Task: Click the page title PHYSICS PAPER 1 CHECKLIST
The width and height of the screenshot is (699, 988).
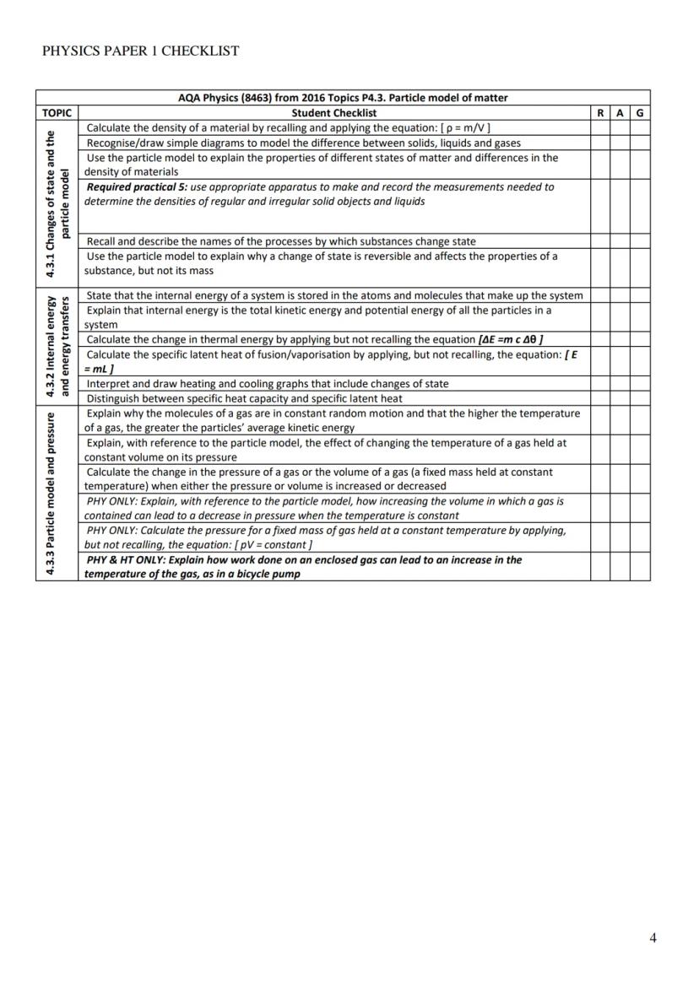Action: pyautogui.click(x=140, y=51)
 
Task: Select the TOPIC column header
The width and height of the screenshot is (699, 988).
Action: pyautogui.click(x=57, y=112)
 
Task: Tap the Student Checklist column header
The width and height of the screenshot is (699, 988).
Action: pyautogui.click(x=334, y=112)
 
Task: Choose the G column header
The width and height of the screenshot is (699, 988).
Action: pyautogui.click(x=640, y=112)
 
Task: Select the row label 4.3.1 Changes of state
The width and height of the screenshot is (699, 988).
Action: pyautogui.click(x=52, y=203)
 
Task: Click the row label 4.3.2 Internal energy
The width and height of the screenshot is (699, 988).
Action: pyautogui.click(x=52, y=346)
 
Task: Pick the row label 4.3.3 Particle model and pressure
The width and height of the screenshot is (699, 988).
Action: pyautogui.click(x=52, y=493)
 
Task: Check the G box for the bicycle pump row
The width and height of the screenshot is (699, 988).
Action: pyautogui.click(x=640, y=566)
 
